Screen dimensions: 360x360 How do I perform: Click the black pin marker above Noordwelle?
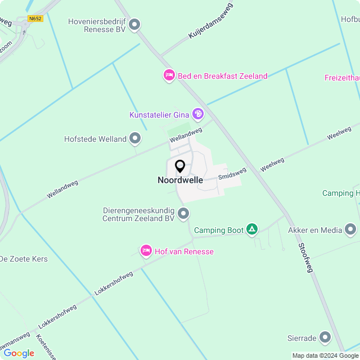click(x=180, y=166)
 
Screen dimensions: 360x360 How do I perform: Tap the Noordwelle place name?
click(x=180, y=181)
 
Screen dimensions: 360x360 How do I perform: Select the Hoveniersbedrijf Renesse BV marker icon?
click(x=134, y=24)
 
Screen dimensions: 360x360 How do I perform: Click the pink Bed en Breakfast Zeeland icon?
click(x=169, y=75)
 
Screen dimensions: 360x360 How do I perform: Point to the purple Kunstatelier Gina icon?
click(x=198, y=115)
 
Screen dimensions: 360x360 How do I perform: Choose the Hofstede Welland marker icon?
click(x=135, y=138)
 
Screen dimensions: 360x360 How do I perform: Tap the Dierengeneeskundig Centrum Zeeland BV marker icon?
click(x=183, y=214)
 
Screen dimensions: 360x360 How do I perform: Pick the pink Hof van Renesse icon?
click(x=146, y=251)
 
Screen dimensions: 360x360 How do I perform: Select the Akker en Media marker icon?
click(x=350, y=229)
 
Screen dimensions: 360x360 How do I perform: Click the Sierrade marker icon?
click(x=325, y=337)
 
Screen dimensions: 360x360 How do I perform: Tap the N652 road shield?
click(x=35, y=19)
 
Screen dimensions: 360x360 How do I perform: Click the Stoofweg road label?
click(x=305, y=258)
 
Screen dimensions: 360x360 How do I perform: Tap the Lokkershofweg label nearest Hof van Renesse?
click(x=114, y=283)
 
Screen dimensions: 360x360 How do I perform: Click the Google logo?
click(x=19, y=353)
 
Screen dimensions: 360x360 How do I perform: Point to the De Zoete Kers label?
click(x=23, y=259)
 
